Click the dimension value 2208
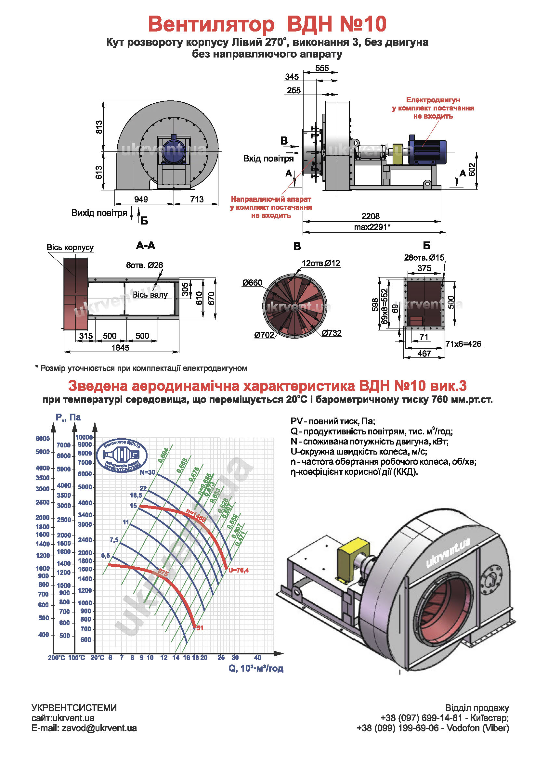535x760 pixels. (370, 216)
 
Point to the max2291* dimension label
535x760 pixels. (372, 227)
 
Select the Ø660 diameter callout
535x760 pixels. (252, 283)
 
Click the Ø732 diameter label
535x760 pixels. (332, 333)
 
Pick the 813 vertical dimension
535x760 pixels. (99, 127)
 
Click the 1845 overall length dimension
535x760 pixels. (120, 348)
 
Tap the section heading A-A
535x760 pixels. (145, 246)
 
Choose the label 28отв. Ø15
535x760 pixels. (424, 258)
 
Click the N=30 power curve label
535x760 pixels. (147, 472)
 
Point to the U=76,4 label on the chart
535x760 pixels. (238, 570)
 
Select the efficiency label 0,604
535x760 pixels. (163, 455)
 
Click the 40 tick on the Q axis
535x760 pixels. (257, 657)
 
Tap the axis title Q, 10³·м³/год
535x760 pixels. (255, 668)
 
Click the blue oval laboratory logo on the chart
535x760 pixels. (122, 456)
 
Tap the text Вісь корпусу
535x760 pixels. (70, 247)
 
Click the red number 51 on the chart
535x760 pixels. (200, 628)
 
